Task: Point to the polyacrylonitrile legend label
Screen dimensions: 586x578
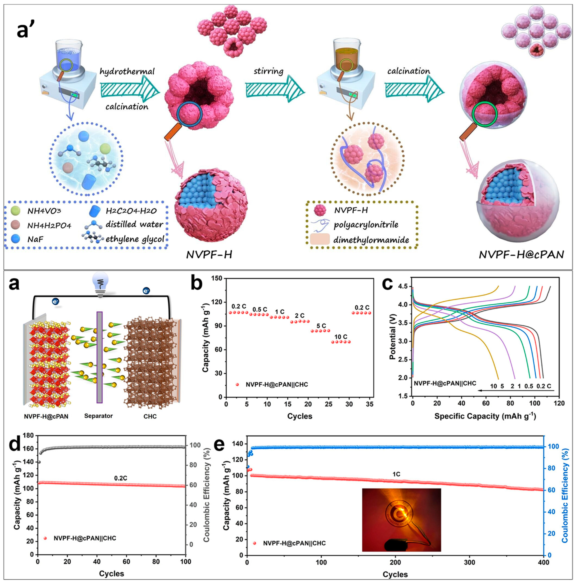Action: point(366,225)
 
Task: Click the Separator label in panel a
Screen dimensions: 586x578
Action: point(98,416)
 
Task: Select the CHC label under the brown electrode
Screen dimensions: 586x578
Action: point(150,416)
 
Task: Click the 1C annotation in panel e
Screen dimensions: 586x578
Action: point(396,474)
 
